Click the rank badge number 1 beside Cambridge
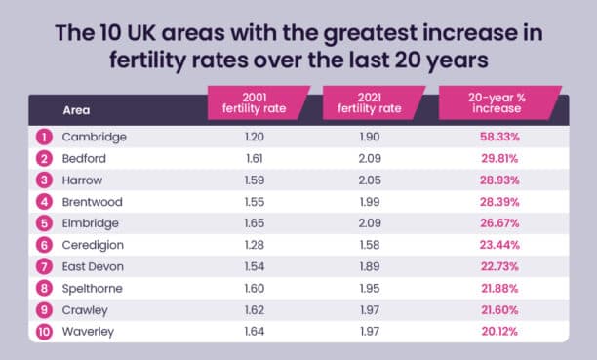(x=42, y=137)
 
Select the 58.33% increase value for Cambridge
(x=498, y=137)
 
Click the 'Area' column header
(x=77, y=110)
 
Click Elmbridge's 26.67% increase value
(x=498, y=222)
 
